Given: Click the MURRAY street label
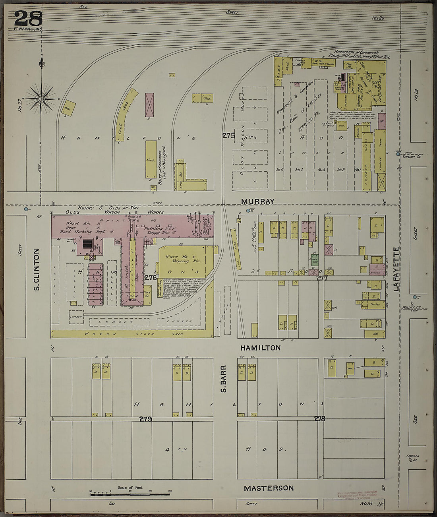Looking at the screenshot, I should (257, 201).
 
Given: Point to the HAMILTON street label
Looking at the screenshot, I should (260, 348).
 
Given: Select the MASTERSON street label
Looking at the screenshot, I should (269, 488).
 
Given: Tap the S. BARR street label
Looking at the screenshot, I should (224, 379).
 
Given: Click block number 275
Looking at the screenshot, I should (228, 136).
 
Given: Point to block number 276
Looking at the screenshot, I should (150, 278).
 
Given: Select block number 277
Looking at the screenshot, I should (322, 279).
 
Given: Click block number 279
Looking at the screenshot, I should (145, 419).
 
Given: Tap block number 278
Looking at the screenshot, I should (319, 418).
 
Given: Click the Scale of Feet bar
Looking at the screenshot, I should (130, 494).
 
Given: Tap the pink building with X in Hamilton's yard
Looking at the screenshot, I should (149, 105).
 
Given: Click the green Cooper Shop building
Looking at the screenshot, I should (315, 261).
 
